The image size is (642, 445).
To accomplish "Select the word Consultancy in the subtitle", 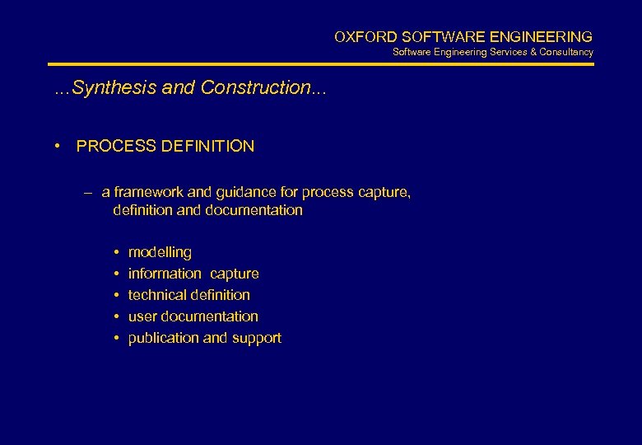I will pos(567,53).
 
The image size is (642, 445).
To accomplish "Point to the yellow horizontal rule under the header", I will pos(321,64).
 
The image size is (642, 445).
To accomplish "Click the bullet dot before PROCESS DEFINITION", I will pos(58,147).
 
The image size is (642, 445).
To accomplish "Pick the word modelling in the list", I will pos(160,253).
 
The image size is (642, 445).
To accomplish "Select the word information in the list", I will pos(165,274).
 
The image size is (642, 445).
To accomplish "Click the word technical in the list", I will pos(156,295).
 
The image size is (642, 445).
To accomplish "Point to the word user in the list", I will pos(142,316).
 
